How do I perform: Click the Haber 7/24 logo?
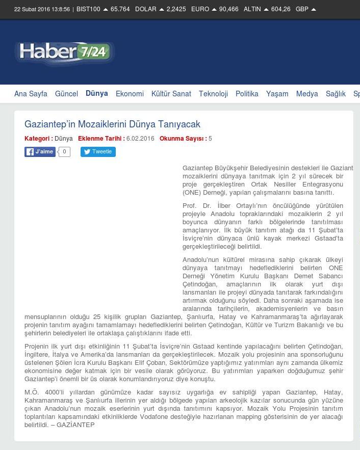[65, 54]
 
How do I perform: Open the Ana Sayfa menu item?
[31, 94]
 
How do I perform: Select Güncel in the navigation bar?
[66, 94]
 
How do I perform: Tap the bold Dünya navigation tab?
[97, 93]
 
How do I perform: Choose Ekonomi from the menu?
[130, 94]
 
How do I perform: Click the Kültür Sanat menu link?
[171, 94]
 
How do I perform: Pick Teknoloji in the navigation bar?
[213, 94]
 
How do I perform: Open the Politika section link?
[247, 94]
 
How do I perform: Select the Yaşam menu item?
[277, 94]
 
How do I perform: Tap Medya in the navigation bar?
[307, 94]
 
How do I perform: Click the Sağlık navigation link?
[336, 94]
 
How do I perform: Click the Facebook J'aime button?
[40, 151]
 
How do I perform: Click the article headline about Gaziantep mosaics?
[112, 124]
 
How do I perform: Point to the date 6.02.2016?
[140, 139]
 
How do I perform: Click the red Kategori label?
[38, 139]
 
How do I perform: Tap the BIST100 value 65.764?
[120, 9]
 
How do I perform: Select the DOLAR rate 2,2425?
[176, 9]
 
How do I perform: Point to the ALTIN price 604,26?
[280, 9]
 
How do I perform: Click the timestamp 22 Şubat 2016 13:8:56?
[42, 9]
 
